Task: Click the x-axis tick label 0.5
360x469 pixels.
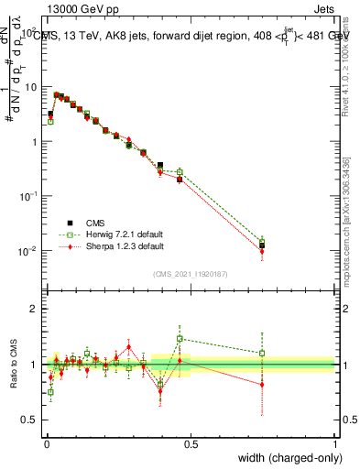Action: (x=191, y=444)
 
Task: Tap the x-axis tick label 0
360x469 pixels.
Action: (x=46, y=444)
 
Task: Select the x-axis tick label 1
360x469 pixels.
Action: (x=335, y=444)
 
